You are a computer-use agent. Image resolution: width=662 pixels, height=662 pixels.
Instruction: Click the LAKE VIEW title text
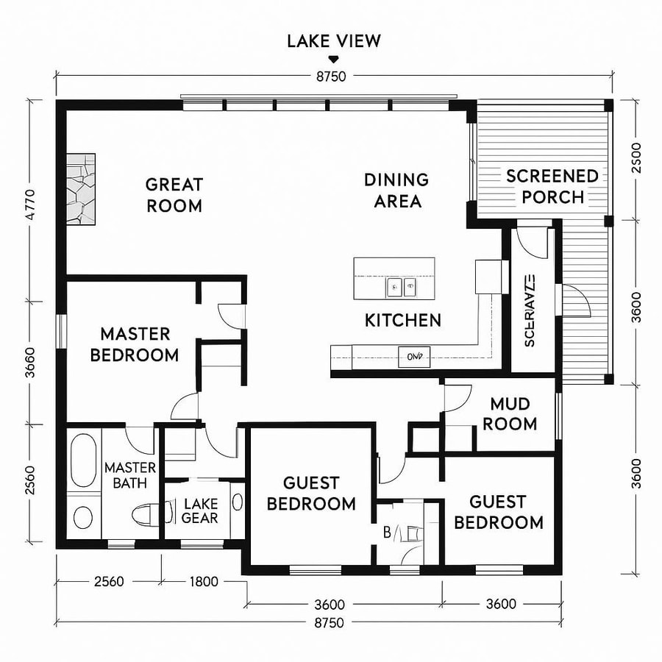(x=334, y=40)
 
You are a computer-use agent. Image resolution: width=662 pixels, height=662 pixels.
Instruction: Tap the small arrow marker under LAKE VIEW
(x=334, y=59)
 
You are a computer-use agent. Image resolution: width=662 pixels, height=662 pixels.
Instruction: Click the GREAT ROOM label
(x=174, y=195)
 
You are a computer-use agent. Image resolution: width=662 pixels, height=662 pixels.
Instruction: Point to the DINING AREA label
(x=396, y=190)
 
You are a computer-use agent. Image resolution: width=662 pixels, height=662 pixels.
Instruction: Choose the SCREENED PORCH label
(x=552, y=186)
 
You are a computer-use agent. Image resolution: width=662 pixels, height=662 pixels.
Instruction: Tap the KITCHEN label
(x=403, y=320)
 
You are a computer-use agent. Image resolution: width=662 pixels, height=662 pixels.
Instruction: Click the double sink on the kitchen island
(x=402, y=286)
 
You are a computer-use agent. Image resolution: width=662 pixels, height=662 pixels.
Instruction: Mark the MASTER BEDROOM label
(x=135, y=344)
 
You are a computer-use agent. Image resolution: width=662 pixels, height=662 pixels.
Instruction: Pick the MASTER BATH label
(x=129, y=475)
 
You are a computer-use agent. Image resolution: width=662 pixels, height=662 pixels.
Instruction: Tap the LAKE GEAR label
(x=199, y=510)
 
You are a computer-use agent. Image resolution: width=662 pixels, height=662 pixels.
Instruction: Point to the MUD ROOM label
(x=513, y=414)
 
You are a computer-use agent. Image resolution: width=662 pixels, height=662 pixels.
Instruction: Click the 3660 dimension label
(x=30, y=361)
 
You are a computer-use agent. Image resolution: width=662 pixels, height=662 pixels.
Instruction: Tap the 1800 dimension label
(x=204, y=582)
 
